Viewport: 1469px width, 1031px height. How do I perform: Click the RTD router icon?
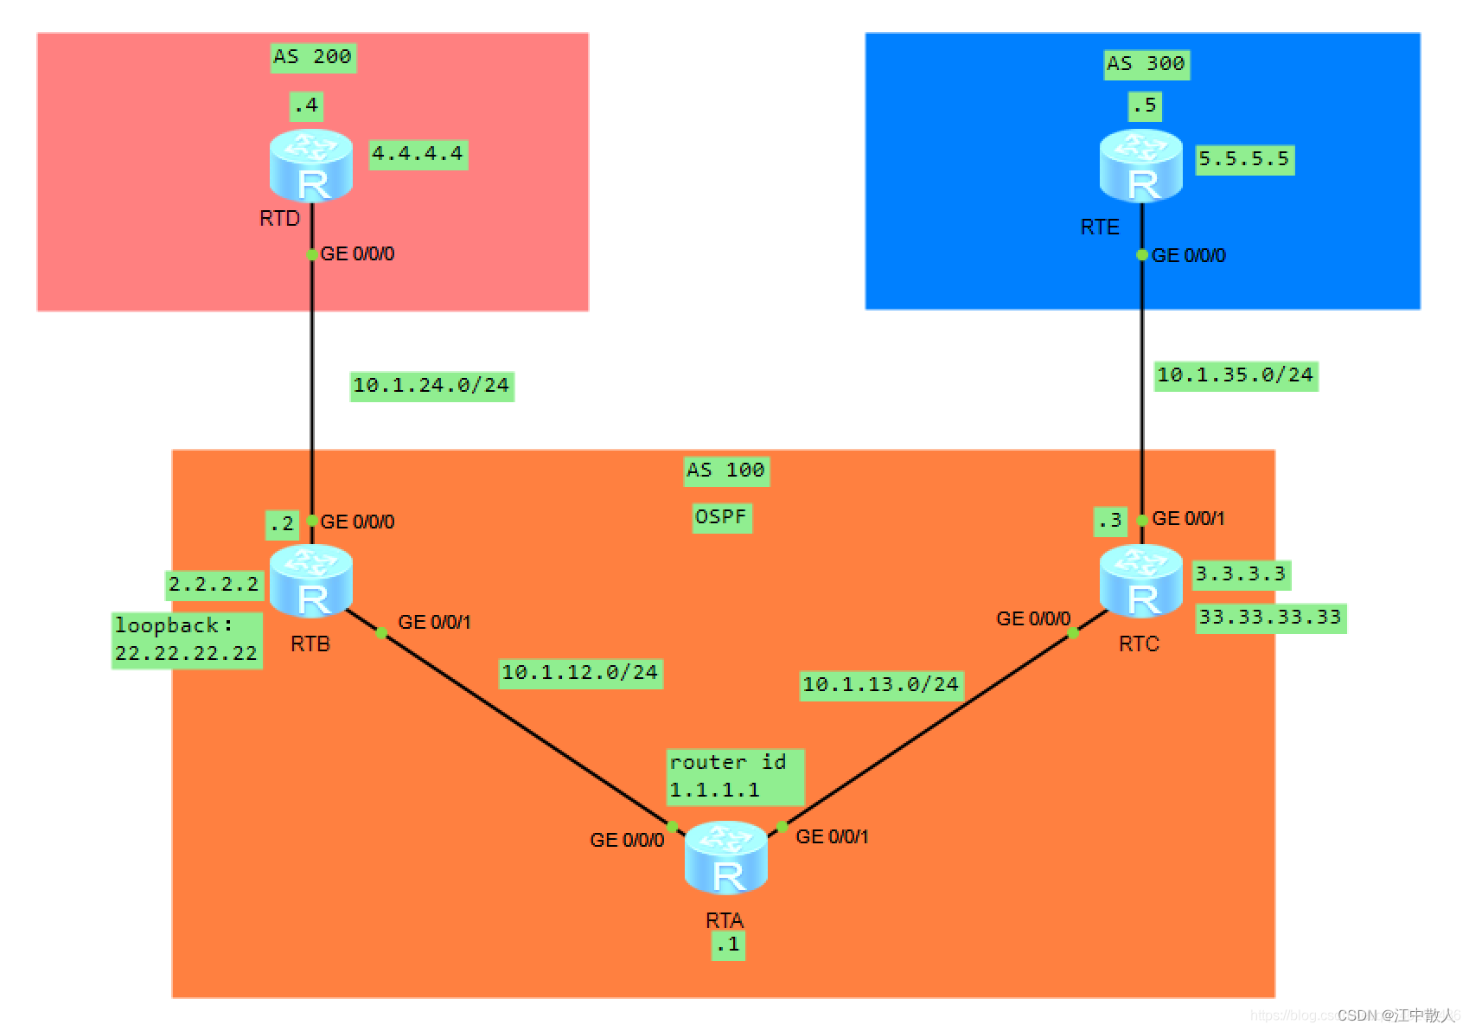pos(311,165)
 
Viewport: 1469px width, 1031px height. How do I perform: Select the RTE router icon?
pos(1141,165)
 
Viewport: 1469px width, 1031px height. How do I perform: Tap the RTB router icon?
pos(311,580)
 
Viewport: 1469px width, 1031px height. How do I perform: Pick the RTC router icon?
pos(1141,580)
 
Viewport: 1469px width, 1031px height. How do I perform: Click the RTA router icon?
pos(726,857)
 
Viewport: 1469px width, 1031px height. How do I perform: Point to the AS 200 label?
pos(312,57)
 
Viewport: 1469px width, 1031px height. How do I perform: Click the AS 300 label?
pos(1146,64)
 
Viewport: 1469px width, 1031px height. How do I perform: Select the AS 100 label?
pos(726,471)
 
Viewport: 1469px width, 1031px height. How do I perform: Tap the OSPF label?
pos(721,517)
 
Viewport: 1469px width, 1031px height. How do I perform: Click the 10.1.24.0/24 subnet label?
pos(431,386)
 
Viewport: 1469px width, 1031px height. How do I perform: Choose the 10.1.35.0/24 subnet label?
pos(1236,375)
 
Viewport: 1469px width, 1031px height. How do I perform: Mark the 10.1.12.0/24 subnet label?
pos(580,673)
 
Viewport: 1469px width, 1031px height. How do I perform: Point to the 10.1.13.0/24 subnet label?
pos(881,685)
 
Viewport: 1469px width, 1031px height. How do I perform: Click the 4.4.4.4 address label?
pos(418,155)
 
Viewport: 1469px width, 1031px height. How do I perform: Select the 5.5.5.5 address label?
pos(1244,159)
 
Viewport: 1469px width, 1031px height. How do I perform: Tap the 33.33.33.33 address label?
pos(1270,618)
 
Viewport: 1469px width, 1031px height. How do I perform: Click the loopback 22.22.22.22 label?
pos(187,640)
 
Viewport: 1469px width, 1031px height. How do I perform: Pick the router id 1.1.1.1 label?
pos(735,776)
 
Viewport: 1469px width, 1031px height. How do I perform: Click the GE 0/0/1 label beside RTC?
pos(1188,519)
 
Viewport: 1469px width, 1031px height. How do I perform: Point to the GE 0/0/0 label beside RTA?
pos(627,840)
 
